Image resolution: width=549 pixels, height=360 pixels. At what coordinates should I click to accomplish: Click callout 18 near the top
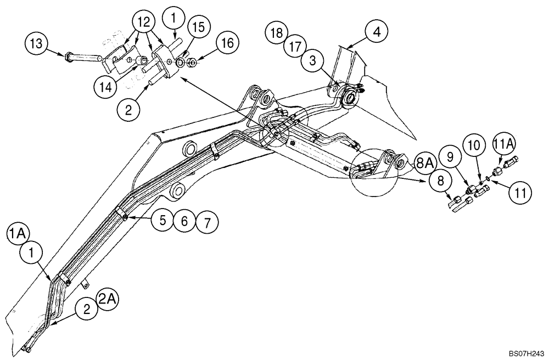[278, 32]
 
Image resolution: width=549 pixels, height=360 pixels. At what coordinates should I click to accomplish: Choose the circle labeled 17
[295, 47]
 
